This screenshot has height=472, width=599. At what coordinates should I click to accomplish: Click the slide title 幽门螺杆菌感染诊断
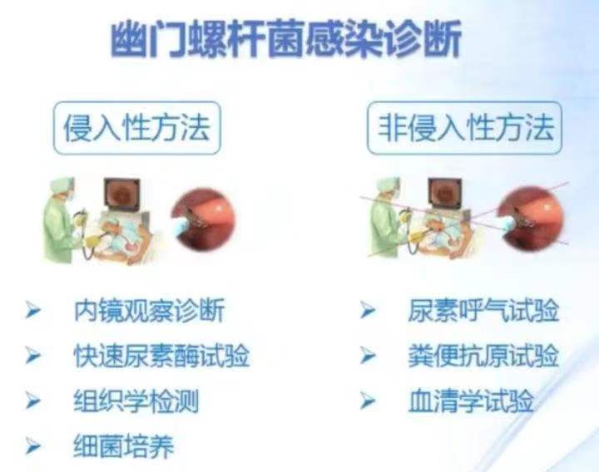point(286,39)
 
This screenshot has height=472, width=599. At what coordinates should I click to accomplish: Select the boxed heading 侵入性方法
point(137,128)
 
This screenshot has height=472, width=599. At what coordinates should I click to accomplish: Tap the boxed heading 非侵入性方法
point(464,128)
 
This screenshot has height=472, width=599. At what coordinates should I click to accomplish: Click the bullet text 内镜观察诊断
point(149,310)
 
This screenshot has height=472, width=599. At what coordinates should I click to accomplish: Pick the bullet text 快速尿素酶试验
point(161,356)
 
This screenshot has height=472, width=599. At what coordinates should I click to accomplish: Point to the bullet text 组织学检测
point(136,401)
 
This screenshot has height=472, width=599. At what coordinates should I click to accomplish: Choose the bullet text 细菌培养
point(124,445)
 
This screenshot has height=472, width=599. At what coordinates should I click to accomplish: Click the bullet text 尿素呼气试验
point(483,310)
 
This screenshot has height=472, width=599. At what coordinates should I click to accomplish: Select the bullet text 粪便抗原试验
point(483,356)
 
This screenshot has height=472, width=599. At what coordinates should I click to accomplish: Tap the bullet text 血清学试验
point(471,401)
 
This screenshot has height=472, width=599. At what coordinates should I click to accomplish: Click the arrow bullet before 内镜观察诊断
point(32,310)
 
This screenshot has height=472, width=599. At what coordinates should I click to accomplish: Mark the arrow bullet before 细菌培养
point(32,445)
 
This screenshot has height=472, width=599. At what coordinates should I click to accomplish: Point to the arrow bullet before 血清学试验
point(368,401)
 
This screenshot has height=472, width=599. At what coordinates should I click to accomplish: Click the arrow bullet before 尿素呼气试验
point(368,310)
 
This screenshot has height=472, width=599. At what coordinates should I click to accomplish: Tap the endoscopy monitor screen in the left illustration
point(122,194)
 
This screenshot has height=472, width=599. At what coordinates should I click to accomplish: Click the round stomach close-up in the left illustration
point(203,219)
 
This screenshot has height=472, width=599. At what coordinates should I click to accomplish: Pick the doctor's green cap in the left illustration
point(62,185)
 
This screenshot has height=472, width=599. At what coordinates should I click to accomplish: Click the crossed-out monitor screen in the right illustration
point(445,194)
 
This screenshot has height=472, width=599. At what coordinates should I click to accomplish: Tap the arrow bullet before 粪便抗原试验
point(368,355)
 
